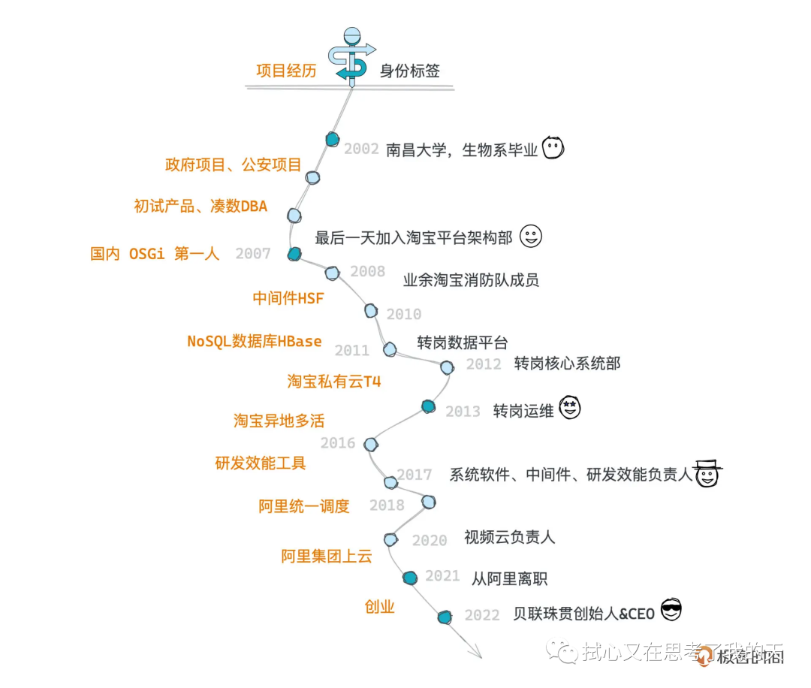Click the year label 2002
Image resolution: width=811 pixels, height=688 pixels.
(x=361, y=149)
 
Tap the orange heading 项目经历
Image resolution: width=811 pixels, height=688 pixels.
(x=286, y=71)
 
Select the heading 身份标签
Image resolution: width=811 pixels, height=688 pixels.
(x=409, y=71)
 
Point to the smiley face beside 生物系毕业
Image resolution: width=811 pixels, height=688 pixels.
(x=553, y=148)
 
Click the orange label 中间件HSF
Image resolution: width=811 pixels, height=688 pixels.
(x=288, y=298)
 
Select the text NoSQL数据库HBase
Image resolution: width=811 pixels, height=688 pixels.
(x=254, y=342)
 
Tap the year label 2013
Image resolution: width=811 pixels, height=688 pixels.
(x=463, y=412)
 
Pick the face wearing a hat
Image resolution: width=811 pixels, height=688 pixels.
(x=707, y=473)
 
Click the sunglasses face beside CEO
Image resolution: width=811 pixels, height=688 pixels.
(x=671, y=611)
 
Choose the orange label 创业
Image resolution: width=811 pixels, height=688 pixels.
(x=379, y=607)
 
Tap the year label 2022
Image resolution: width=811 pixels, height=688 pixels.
(x=482, y=615)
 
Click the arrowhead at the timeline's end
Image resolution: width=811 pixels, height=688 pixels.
(x=475, y=653)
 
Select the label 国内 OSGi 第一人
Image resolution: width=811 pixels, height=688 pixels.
(x=155, y=254)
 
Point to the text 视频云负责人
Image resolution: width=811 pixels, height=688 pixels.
(x=509, y=537)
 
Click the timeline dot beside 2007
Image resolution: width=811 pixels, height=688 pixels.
(x=294, y=254)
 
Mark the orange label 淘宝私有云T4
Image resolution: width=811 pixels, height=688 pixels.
(x=333, y=382)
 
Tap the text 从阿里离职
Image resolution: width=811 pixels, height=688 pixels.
(x=509, y=579)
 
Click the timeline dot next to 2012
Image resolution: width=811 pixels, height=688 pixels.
(x=447, y=367)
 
